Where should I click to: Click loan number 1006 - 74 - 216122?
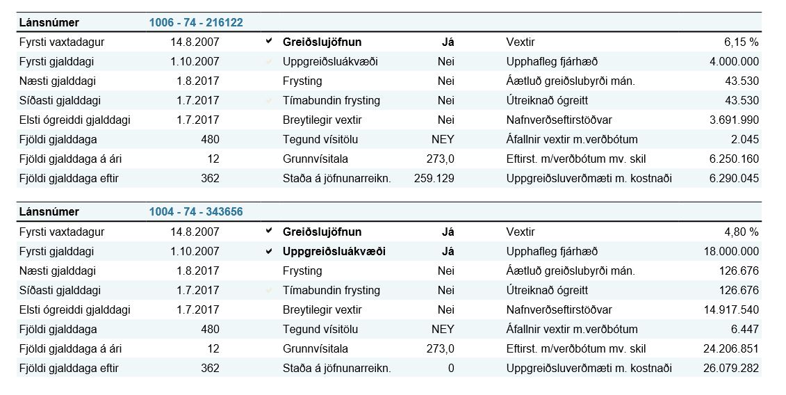[195, 22]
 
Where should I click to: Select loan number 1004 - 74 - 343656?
[195, 211]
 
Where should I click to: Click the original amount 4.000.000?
[734, 61]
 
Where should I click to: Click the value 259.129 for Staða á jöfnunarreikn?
[434, 178]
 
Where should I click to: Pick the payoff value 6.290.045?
[734, 178]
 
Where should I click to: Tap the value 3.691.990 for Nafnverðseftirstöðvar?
[734, 120]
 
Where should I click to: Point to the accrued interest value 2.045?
[746, 139]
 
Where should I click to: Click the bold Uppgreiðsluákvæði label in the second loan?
[334, 251]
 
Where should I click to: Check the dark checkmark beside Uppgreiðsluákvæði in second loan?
[269, 251]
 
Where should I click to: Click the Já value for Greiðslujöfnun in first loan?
[448, 42]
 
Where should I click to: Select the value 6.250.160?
[734, 159]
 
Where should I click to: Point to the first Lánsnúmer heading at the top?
[49, 22]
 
